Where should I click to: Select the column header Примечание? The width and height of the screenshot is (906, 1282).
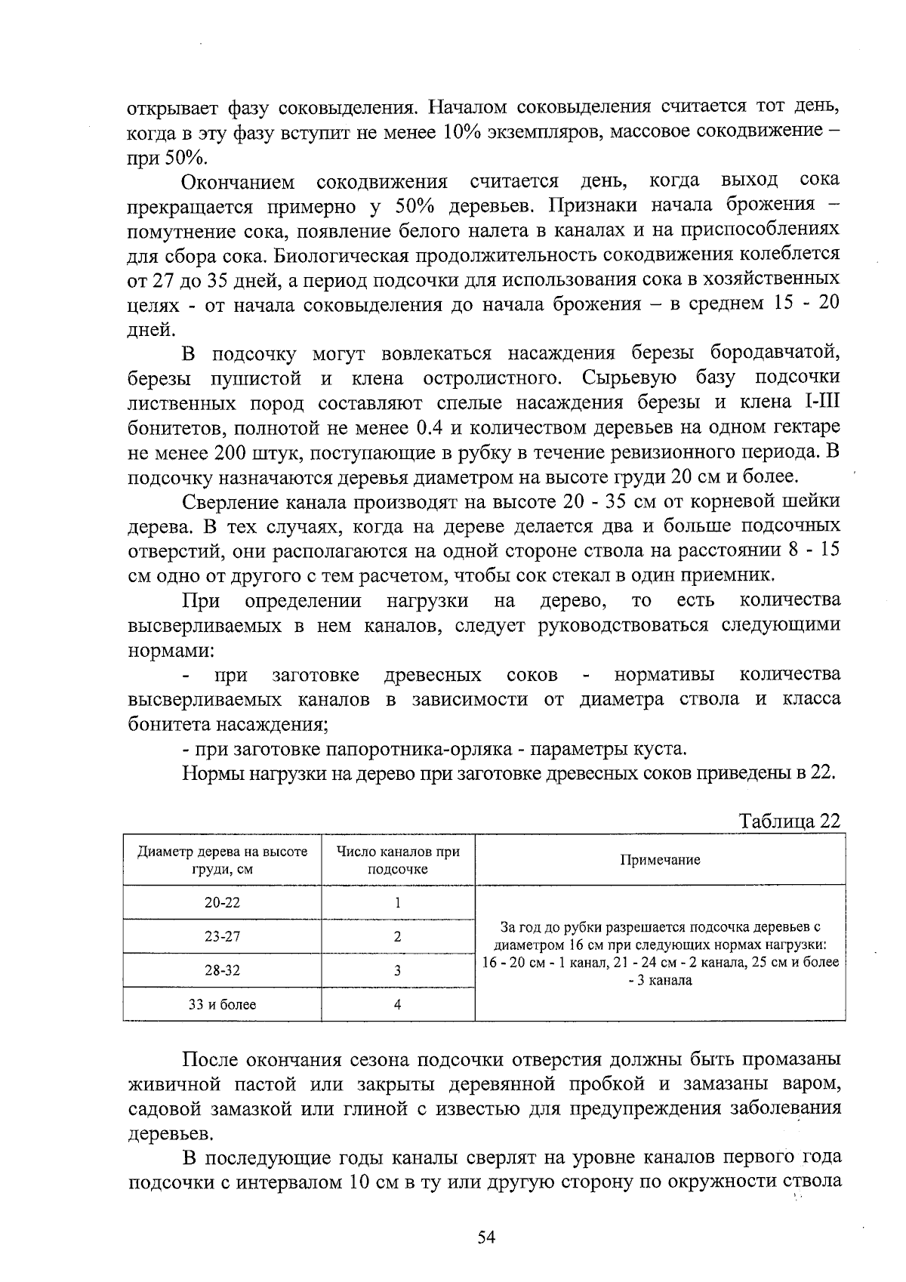click(659, 860)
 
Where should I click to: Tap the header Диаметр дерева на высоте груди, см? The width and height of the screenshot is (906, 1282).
click(222, 860)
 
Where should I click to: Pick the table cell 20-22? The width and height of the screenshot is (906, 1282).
click(222, 902)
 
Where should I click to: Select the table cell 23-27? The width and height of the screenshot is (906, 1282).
click(222, 936)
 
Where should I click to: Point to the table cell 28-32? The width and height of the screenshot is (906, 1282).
click(222, 970)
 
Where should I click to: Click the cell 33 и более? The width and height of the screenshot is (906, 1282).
click(222, 1004)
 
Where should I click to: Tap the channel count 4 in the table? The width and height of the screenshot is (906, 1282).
click(397, 1004)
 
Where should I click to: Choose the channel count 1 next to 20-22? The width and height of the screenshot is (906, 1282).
click(397, 902)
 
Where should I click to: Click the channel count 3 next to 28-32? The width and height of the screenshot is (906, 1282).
click(397, 970)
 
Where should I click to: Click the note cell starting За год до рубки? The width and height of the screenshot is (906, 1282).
click(660, 953)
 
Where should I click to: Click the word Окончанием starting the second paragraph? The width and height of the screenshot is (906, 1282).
click(237, 182)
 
